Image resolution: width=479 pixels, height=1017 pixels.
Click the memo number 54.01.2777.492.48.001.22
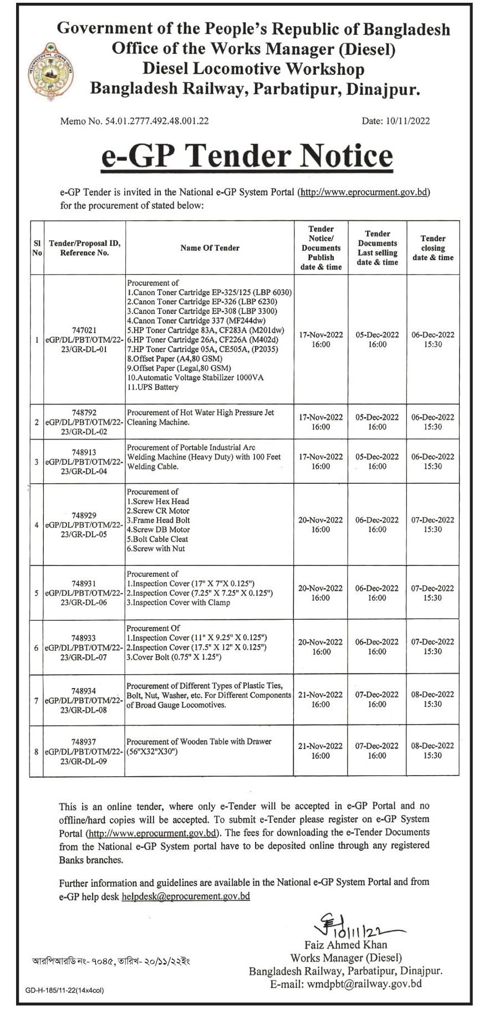click(x=134, y=121)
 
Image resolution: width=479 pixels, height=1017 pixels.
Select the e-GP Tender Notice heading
click(x=247, y=155)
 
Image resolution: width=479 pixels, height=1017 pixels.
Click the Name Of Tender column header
click(x=210, y=248)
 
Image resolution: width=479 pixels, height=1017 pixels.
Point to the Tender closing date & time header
click(x=432, y=248)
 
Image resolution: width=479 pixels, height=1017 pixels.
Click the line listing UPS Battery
click(x=153, y=387)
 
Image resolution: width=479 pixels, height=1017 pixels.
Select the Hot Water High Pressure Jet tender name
click(x=200, y=417)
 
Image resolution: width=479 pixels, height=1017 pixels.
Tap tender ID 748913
click(x=84, y=452)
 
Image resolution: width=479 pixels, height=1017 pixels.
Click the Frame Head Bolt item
click(x=159, y=520)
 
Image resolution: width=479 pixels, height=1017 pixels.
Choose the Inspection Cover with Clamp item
click(x=178, y=603)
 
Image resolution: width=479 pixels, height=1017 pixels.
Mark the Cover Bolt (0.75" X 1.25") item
click(x=174, y=657)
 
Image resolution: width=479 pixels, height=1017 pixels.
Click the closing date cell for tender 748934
click(x=432, y=699)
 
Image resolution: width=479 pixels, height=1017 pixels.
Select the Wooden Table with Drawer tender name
click(x=199, y=746)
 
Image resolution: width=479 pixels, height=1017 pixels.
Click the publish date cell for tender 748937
click(x=320, y=751)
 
